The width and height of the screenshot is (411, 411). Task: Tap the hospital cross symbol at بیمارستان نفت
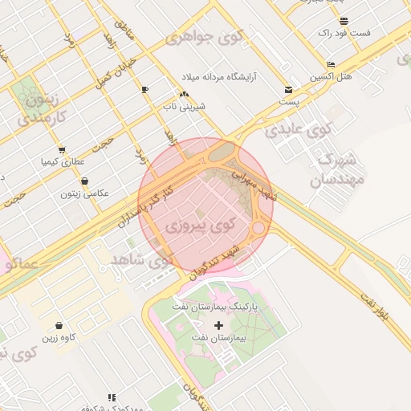click(218, 325)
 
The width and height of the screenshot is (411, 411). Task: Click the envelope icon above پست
click(288, 90)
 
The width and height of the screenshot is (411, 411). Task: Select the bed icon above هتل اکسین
click(332, 65)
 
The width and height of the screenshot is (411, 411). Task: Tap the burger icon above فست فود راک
click(344, 21)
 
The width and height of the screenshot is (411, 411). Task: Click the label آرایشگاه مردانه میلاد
click(219, 75)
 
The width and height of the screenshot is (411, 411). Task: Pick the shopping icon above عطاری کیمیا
click(62, 150)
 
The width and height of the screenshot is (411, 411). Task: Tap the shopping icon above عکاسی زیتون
click(84, 181)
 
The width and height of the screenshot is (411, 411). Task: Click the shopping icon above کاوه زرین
click(60, 326)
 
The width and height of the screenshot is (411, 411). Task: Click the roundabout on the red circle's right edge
click(258, 229)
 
